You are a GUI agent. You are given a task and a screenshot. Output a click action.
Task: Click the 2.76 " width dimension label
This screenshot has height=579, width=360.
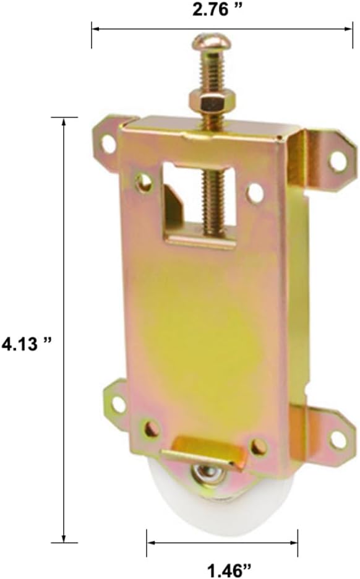click(x=218, y=10)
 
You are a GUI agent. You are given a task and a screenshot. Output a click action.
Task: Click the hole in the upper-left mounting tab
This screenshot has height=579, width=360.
click(x=108, y=144)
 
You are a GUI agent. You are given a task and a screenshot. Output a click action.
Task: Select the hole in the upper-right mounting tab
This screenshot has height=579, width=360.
click(x=336, y=161)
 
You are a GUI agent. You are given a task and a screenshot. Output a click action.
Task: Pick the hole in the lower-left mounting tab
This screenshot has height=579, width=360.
click(x=119, y=403)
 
